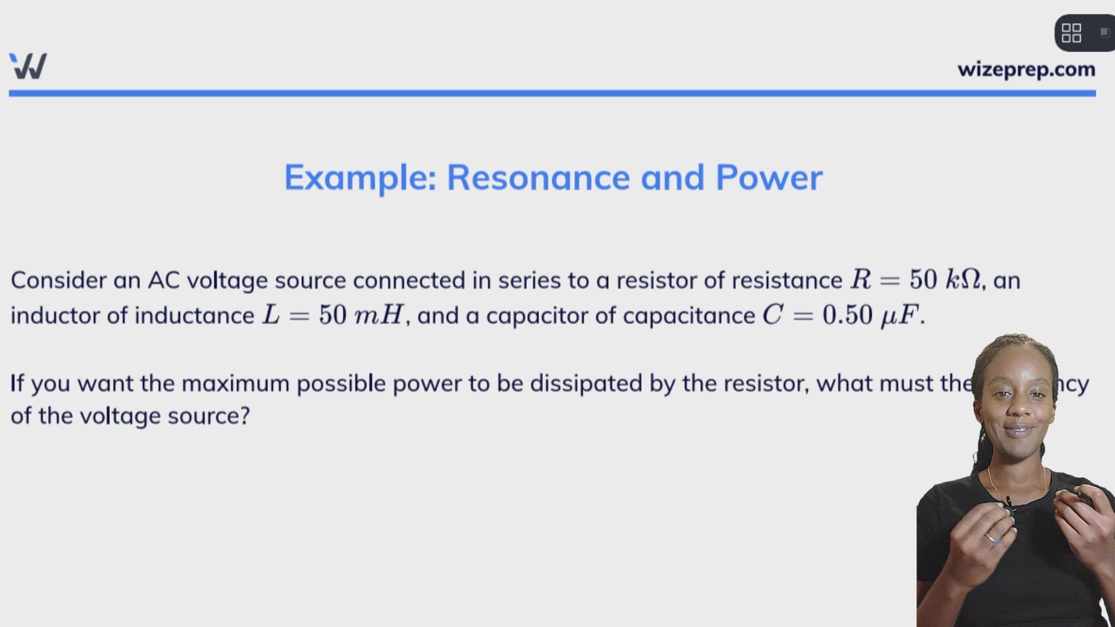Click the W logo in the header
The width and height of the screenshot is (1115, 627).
point(28,66)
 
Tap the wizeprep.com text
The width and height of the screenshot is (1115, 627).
point(1026,70)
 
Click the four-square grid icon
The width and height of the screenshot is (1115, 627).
point(1071,33)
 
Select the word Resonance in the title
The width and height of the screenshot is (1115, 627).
point(538,178)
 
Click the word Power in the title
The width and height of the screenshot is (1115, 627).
point(769,178)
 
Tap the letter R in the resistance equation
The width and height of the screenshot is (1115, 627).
point(861,280)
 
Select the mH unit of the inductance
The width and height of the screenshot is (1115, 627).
point(379,315)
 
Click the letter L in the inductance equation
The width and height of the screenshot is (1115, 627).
point(271,315)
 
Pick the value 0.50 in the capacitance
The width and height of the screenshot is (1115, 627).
point(847,315)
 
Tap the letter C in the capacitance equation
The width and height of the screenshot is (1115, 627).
point(773,315)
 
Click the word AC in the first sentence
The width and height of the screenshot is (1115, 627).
point(164,280)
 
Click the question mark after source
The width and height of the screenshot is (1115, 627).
point(244,416)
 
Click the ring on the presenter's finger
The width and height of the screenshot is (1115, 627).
point(991,538)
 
